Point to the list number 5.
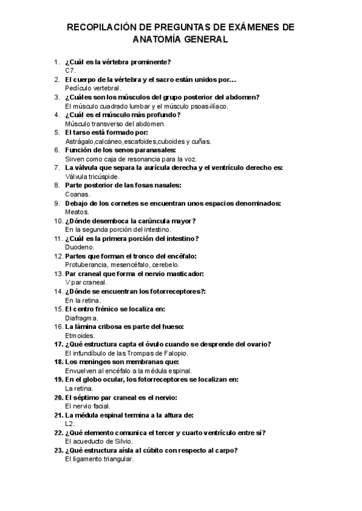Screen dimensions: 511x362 57,132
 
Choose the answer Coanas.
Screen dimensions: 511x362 77,194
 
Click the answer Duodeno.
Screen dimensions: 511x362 79,247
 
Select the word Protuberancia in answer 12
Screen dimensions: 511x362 85,265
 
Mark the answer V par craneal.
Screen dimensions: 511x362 86,282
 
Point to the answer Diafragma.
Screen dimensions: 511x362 81,318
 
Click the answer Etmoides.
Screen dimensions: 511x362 80,335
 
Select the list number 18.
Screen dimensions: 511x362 58,362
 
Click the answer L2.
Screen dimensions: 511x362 69,424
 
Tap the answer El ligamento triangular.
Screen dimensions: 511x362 98,459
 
